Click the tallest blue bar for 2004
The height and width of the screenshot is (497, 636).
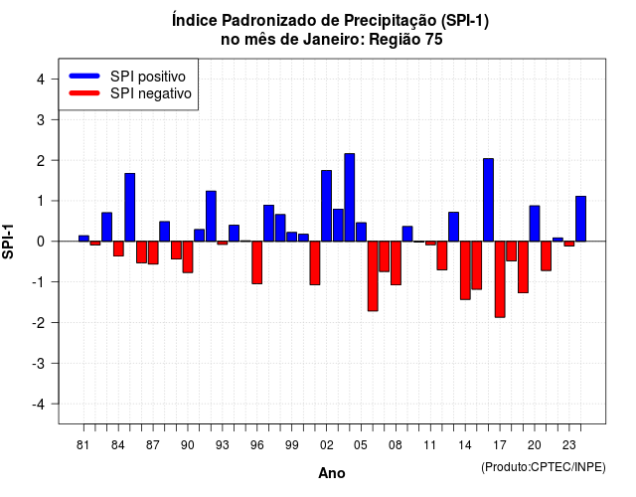point(350,198)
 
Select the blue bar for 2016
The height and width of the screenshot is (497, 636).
point(488,200)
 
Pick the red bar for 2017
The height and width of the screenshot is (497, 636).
point(500,279)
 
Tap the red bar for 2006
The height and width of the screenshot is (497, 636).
point(373,276)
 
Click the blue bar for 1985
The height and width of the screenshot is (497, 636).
point(130,208)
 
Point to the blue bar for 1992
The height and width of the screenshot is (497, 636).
point(211,217)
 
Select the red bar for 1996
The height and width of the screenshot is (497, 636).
point(256,262)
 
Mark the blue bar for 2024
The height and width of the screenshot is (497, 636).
point(580,219)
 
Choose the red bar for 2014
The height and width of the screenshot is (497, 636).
point(465,270)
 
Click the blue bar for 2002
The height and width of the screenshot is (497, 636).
point(327,206)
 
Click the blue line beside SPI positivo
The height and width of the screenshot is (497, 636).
point(84,76)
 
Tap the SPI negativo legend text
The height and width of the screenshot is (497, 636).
point(151,93)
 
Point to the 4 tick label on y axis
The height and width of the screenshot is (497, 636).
point(41,80)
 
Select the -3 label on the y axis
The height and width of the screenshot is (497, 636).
point(39,364)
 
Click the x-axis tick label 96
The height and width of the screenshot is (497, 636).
point(256,445)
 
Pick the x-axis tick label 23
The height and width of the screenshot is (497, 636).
point(569,445)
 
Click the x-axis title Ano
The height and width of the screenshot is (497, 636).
point(332,473)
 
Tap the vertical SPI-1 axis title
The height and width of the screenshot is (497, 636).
point(8,242)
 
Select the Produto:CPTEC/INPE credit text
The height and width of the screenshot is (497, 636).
point(544,467)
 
